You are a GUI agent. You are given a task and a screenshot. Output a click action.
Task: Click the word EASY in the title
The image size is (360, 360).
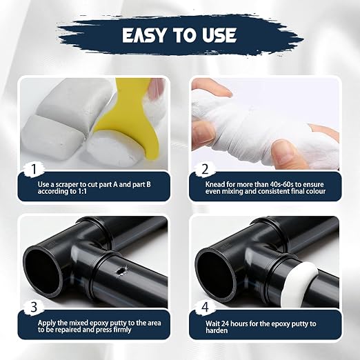(x=144, y=35)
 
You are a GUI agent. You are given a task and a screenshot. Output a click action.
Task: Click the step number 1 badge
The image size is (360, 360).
(x=34, y=169)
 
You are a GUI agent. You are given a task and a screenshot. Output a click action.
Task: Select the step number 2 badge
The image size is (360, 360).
(x=205, y=169)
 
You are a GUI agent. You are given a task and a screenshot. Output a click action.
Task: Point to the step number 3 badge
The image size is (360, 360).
(x=34, y=307)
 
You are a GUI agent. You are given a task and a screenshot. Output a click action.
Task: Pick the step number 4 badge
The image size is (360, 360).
(x=205, y=307)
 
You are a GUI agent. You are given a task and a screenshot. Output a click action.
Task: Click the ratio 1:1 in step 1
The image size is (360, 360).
(x=81, y=191)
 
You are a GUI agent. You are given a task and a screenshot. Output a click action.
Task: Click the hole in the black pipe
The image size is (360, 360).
(x=120, y=271)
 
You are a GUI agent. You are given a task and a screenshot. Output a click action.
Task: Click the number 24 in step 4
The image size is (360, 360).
(x=226, y=323)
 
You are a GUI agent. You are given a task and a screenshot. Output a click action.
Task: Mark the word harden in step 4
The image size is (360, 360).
(x=217, y=330)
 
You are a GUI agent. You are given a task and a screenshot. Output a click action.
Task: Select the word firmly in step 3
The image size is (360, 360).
(x=122, y=330)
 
